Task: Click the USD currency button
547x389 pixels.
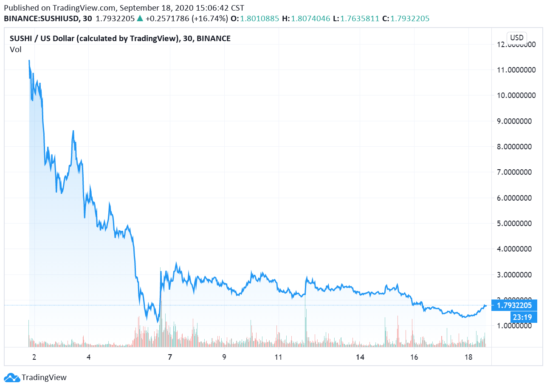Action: click(x=516, y=37)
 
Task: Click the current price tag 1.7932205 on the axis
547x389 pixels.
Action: click(x=514, y=305)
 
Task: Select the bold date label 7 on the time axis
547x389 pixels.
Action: click(x=170, y=357)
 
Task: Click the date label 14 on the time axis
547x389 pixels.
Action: click(x=360, y=357)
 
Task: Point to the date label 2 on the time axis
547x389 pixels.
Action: click(x=34, y=357)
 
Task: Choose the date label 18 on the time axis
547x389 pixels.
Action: click(x=468, y=357)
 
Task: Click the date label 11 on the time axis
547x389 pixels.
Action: click(x=278, y=357)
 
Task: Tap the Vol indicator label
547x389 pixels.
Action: click(x=15, y=50)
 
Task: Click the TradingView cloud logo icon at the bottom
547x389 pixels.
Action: click(x=11, y=377)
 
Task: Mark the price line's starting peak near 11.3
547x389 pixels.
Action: click(x=29, y=61)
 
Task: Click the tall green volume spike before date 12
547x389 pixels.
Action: click(x=305, y=322)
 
